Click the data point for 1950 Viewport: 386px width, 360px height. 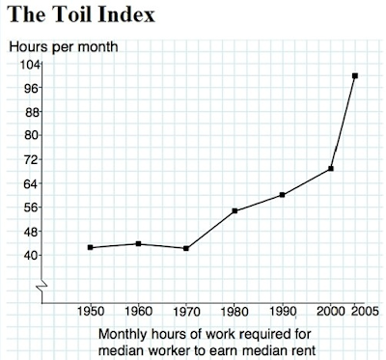click(x=90, y=247)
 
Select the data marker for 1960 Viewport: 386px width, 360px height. click(x=138, y=243)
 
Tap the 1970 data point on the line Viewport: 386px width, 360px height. click(x=186, y=248)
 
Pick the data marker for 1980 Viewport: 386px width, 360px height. click(x=234, y=210)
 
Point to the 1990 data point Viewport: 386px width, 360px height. click(x=282, y=195)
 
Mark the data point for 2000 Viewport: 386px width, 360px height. click(x=330, y=169)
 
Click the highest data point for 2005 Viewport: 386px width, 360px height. click(x=355, y=76)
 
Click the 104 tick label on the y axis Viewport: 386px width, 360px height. click(x=30, y=65)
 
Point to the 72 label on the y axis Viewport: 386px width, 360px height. click(x=32, y=159)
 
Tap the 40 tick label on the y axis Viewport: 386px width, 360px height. click(x=32, y=255)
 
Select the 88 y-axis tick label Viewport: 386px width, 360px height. click(x=32, y=112)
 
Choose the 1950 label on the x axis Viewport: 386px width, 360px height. click(x=91, y=311)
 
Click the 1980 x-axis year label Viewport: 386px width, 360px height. click(x=234, y=312)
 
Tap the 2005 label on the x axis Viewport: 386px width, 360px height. click(x=365, y=311)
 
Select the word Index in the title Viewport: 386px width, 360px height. click(x=126, y=14)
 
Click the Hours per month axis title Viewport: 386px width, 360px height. click(x=64, y=47)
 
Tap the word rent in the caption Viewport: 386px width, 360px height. click(x=303, y=350)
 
